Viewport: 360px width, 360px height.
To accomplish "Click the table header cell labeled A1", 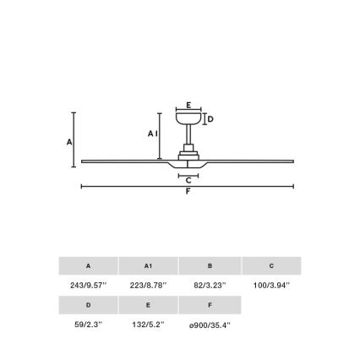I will click(x=149, y=266).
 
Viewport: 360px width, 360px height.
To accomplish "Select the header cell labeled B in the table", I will click(x=210, y=266).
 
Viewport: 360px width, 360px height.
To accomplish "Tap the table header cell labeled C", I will click(x=270, y=266).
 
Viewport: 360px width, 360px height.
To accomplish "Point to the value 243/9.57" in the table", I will click(x=87, y=285).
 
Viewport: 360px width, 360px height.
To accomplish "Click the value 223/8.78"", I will click(x=149, y=285).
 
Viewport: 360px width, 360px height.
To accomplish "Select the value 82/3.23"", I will click(x=210, y=285).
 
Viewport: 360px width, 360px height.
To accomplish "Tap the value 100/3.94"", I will click(x=270, y=285).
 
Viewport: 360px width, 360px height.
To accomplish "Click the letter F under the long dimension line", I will click(x=188, y=191).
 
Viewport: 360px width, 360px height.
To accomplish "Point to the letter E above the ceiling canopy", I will click(x=188, y=104).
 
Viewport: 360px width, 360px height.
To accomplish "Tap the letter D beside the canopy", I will click(x=210, y=119).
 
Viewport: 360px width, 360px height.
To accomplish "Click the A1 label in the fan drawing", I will click(x=152, y=133).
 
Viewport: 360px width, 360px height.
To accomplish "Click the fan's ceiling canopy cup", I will click(x=188, y=119).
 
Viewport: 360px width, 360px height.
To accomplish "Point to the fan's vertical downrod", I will click(x=188, y=134).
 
